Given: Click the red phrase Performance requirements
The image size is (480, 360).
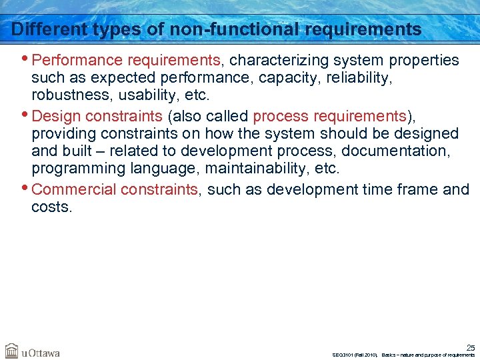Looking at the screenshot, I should coord(126,61).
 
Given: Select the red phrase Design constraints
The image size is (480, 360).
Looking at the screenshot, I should coord(97,117).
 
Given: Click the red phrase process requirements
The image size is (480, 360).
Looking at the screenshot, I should coord(329,117).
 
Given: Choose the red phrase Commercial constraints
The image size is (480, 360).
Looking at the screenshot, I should coord(115,190).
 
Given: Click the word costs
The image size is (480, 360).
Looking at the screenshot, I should coord(51,207).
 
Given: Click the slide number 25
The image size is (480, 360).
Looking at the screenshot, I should coord(470,347).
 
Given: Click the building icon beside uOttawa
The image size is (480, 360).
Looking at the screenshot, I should coord(11,351).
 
